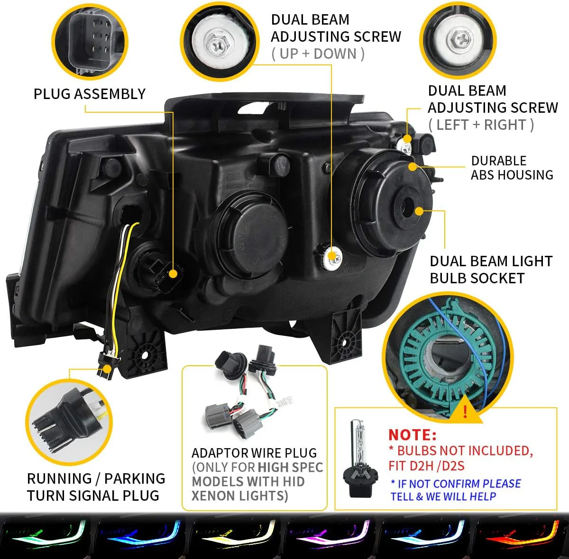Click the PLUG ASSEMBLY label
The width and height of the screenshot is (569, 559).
click(x=89, y=94)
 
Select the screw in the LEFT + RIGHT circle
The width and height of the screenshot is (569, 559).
click(x=459, y=39)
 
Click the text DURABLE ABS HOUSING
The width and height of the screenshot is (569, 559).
click(x=512, y=168)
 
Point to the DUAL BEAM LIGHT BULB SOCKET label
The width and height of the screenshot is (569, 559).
click(x=491, y=270)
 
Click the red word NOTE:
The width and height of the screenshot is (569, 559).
click(x=412, y=434)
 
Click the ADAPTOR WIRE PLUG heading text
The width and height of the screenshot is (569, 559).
click(x=254, y=453)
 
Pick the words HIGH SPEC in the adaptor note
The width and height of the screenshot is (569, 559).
click(x=290, y=468)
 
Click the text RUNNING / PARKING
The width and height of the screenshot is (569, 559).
click(x=96, y=478)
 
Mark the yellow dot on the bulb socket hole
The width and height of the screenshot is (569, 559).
click(x=419, y=211)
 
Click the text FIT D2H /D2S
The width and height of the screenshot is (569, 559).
click(x=426, y=466)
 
